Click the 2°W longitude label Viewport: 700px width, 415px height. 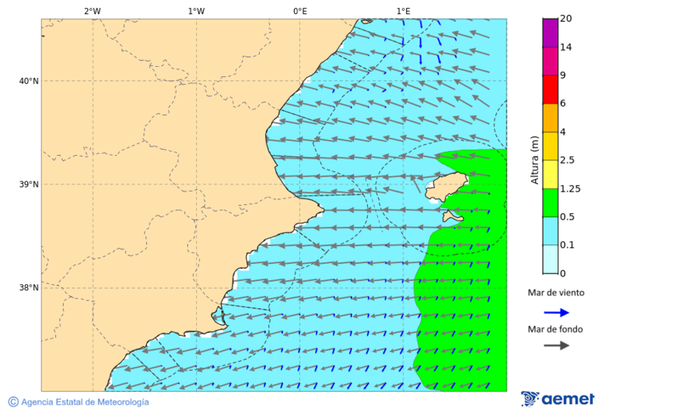point(92,11)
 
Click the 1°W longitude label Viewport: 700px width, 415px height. point(196,11)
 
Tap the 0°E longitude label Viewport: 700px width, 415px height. point(299,11)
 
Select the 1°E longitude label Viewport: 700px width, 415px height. point(403,11)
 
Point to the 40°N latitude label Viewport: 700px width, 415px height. point(29,81)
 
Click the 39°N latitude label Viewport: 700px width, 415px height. point(29,185)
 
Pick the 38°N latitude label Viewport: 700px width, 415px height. point(29,288)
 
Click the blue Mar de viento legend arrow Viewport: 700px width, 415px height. point(556,312)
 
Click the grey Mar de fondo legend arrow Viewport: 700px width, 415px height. point(556,346)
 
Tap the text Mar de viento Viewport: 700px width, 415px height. point(555,293)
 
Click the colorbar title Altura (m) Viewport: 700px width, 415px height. point(534,160)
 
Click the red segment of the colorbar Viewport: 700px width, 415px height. point(551,90)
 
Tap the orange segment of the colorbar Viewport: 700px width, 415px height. point(551,118)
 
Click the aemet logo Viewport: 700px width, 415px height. point(558,399)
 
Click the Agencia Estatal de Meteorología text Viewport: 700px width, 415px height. point(79,402)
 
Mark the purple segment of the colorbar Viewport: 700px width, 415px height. point(551,33)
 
